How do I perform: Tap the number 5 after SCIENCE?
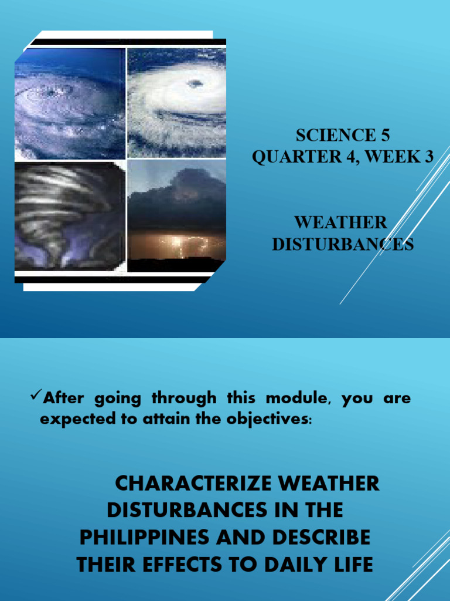(x=384, y=135)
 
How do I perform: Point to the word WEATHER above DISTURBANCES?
(x=340, y=222)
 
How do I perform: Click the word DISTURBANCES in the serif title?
(x=343, y=244)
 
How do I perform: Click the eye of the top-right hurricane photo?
(x=195, y=83)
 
